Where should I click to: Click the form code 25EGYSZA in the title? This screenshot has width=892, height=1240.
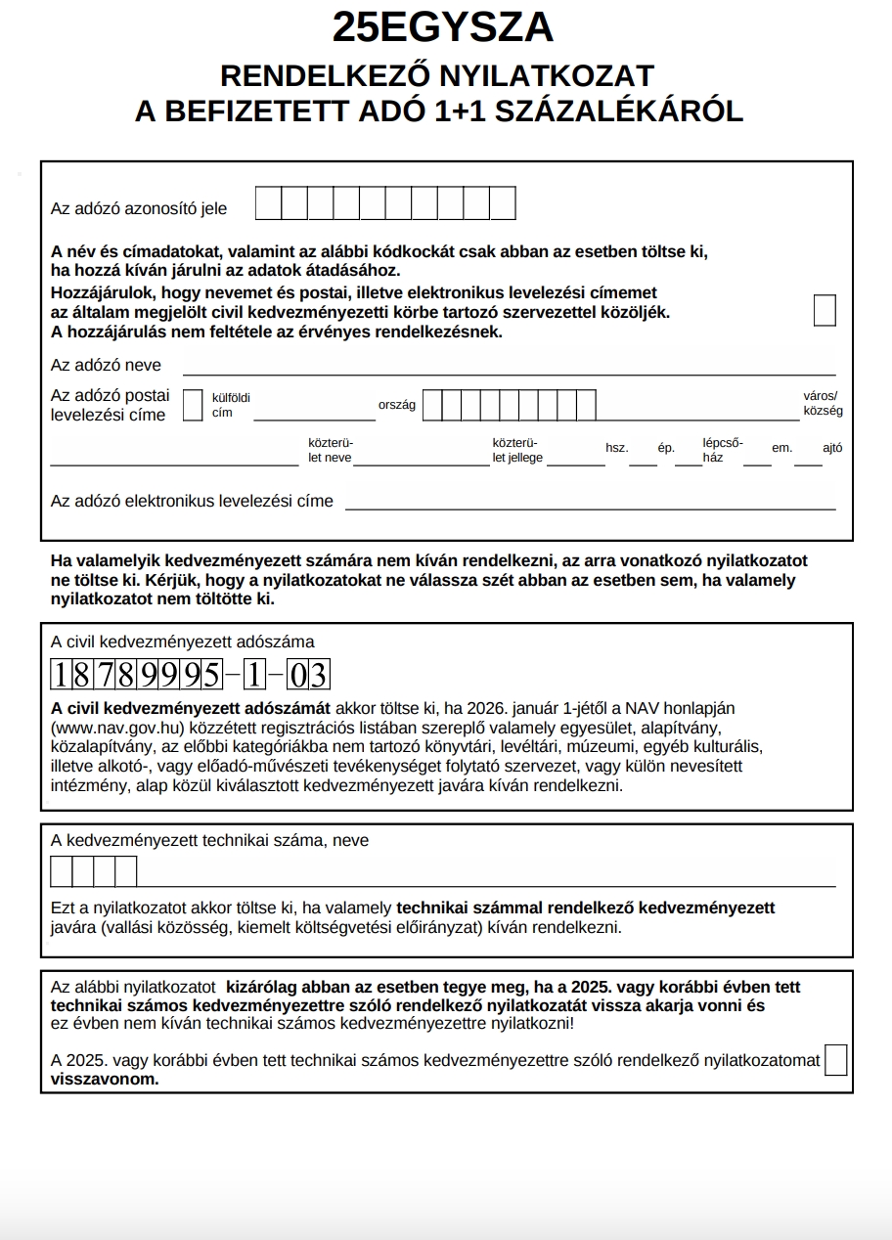442,28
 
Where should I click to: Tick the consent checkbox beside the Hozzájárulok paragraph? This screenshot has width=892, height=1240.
825,310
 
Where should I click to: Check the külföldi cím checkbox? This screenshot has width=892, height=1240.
193,405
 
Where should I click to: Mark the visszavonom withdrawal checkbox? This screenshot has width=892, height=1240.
835,1060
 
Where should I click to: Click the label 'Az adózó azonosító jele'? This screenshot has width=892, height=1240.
139,208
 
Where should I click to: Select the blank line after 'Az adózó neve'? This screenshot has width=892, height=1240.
509,367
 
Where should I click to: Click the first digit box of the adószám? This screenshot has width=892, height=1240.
61,675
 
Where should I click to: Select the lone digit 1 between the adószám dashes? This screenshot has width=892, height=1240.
255,675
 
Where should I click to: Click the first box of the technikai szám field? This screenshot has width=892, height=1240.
62,870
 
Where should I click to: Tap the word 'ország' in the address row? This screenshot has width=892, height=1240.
397,405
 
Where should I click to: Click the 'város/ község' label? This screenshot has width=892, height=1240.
822,404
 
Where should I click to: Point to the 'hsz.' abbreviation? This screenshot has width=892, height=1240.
616,448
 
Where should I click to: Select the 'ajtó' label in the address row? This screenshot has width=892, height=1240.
832,448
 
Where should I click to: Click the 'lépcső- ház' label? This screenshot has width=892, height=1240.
722,449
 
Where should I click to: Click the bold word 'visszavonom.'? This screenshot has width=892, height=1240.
105,1080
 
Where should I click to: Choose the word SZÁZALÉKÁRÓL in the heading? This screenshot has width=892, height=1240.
619,111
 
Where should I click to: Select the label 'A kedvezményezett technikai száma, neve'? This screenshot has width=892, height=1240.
209,840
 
